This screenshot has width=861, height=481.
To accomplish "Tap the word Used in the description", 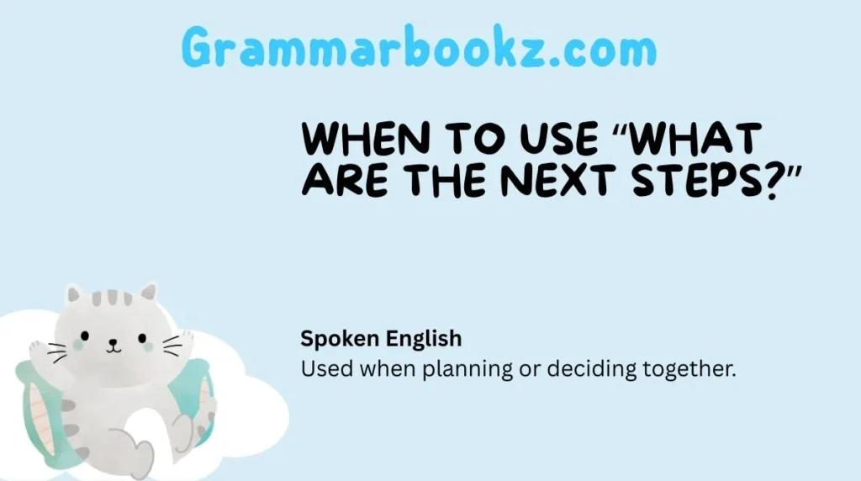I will (x=320, y=369).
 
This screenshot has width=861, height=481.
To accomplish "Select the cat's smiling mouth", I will (x=114, y=347).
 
